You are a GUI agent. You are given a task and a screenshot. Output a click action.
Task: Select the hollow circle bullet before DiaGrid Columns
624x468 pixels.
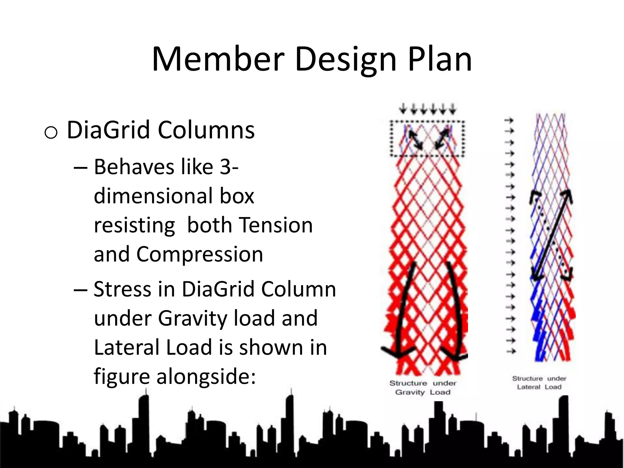point(51,133)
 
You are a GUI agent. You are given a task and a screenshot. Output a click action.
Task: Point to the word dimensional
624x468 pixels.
point(152,196)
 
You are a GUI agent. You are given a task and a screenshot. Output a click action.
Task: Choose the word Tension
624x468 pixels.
point(276,225)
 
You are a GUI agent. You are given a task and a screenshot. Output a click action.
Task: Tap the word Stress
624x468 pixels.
point(122,289)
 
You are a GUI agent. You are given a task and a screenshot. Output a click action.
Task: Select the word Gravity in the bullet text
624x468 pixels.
point(193,318)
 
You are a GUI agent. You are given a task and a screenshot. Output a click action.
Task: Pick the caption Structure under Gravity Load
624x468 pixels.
point(423,388)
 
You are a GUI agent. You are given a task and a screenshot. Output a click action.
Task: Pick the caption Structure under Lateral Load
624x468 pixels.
point(539,383)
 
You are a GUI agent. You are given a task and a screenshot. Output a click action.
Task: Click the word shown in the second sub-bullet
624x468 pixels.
point(272,347)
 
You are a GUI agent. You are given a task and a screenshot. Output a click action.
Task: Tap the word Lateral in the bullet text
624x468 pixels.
point(126,347)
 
